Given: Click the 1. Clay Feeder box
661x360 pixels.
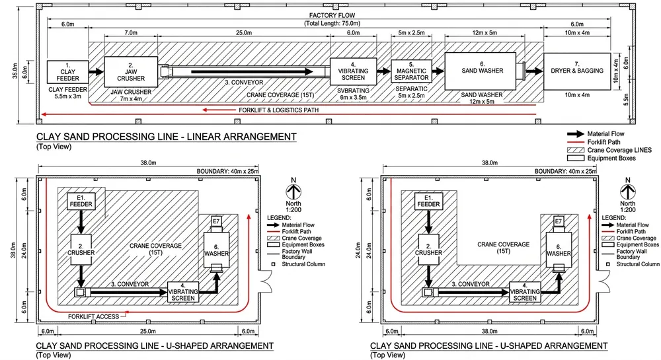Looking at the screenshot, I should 63,71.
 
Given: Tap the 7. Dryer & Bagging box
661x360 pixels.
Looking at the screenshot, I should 576,70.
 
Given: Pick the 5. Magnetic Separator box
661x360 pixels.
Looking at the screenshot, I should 410,70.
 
